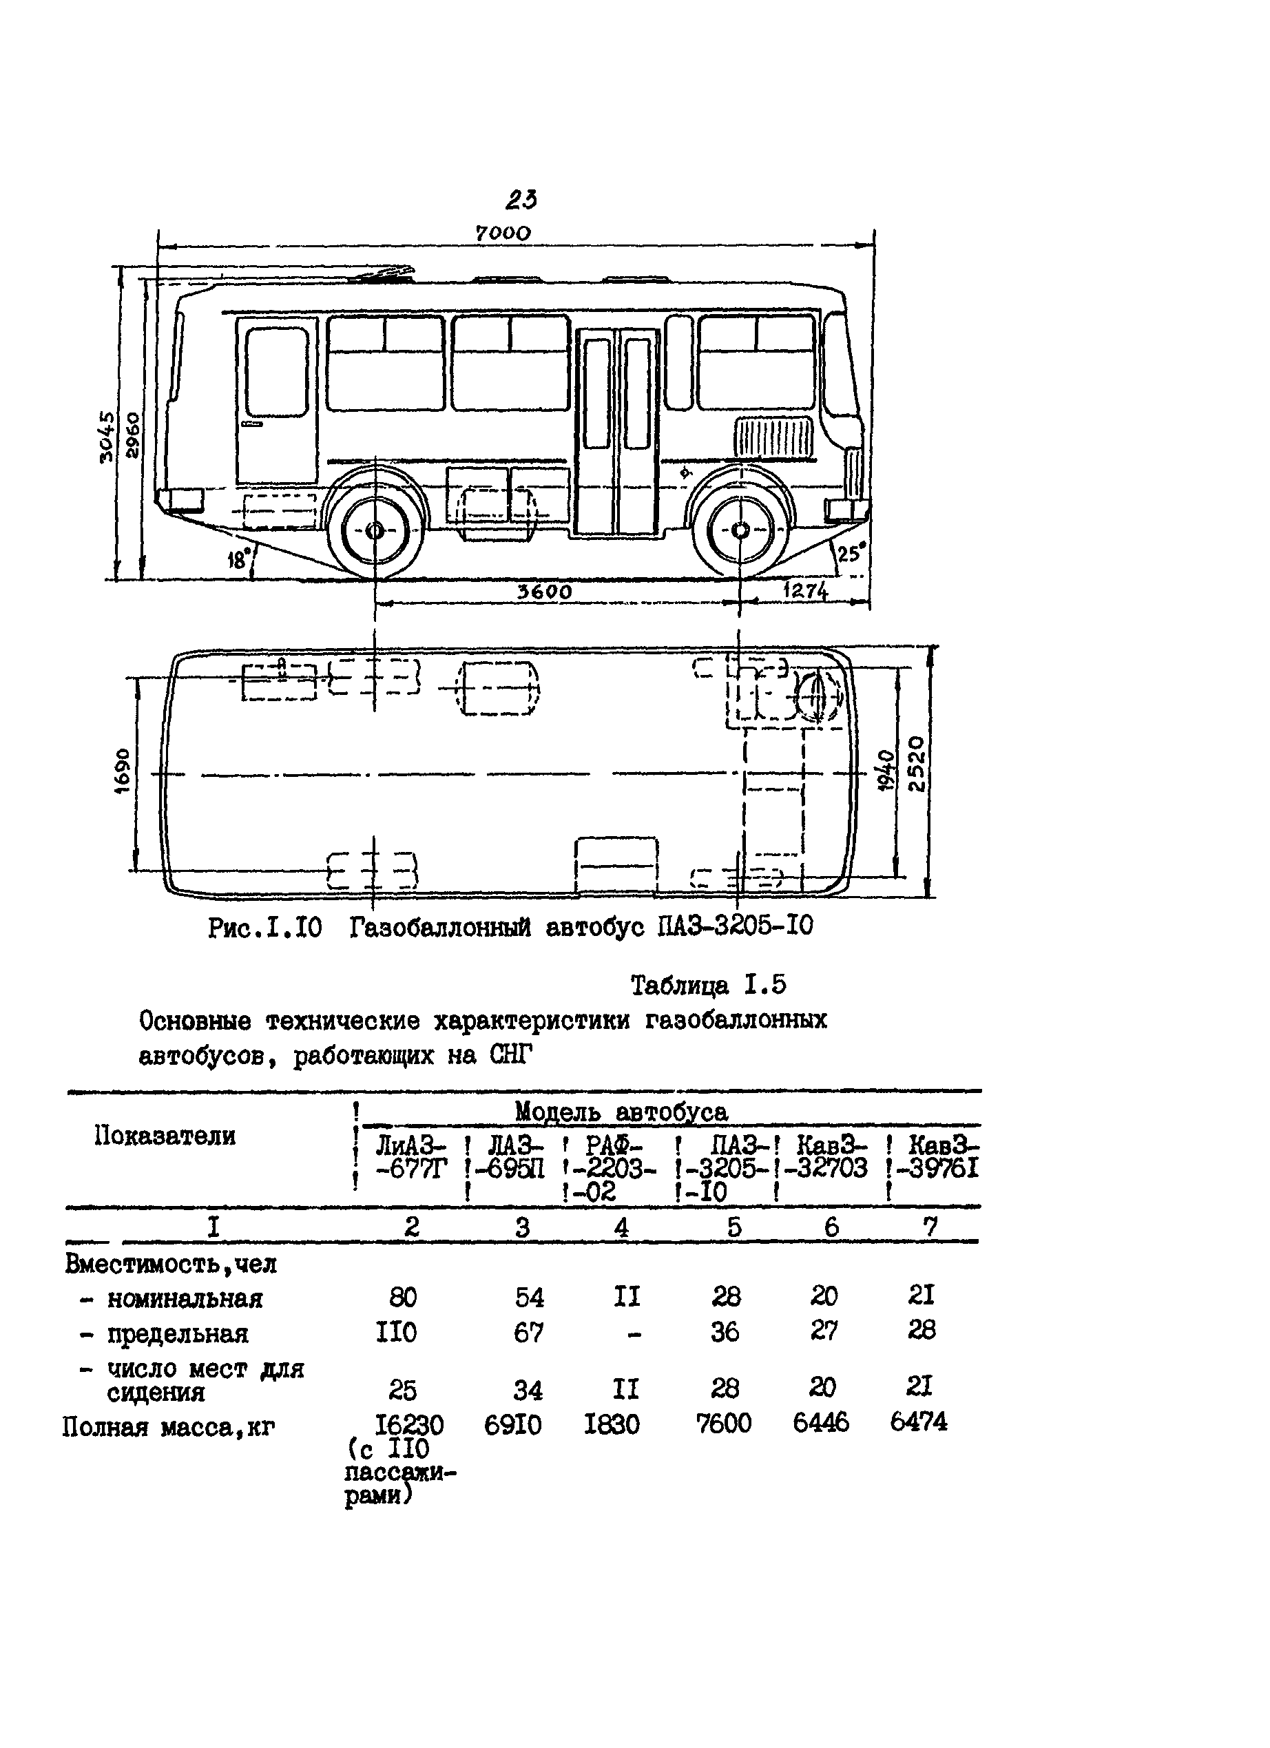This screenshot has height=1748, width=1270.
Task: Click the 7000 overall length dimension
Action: tap(503, 233)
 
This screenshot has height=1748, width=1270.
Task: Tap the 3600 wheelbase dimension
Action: tap(544, 591)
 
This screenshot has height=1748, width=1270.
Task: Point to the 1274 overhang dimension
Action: tap(805, 591)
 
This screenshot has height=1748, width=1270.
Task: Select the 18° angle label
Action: tap(240, 559)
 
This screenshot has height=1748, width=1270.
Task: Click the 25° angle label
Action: tap(851, 553)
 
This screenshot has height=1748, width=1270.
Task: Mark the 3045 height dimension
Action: tap(107, 436)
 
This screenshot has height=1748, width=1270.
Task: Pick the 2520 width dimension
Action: tap(915, 764)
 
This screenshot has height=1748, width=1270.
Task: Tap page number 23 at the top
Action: tap(521, 200)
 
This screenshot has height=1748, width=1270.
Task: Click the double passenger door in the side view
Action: tap(617, 432)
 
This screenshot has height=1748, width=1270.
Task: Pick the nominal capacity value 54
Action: tap(529, 1298)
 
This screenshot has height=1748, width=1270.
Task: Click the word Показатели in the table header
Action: tap(165, 1136)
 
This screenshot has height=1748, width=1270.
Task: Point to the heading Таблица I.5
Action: tap(708, 985)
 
